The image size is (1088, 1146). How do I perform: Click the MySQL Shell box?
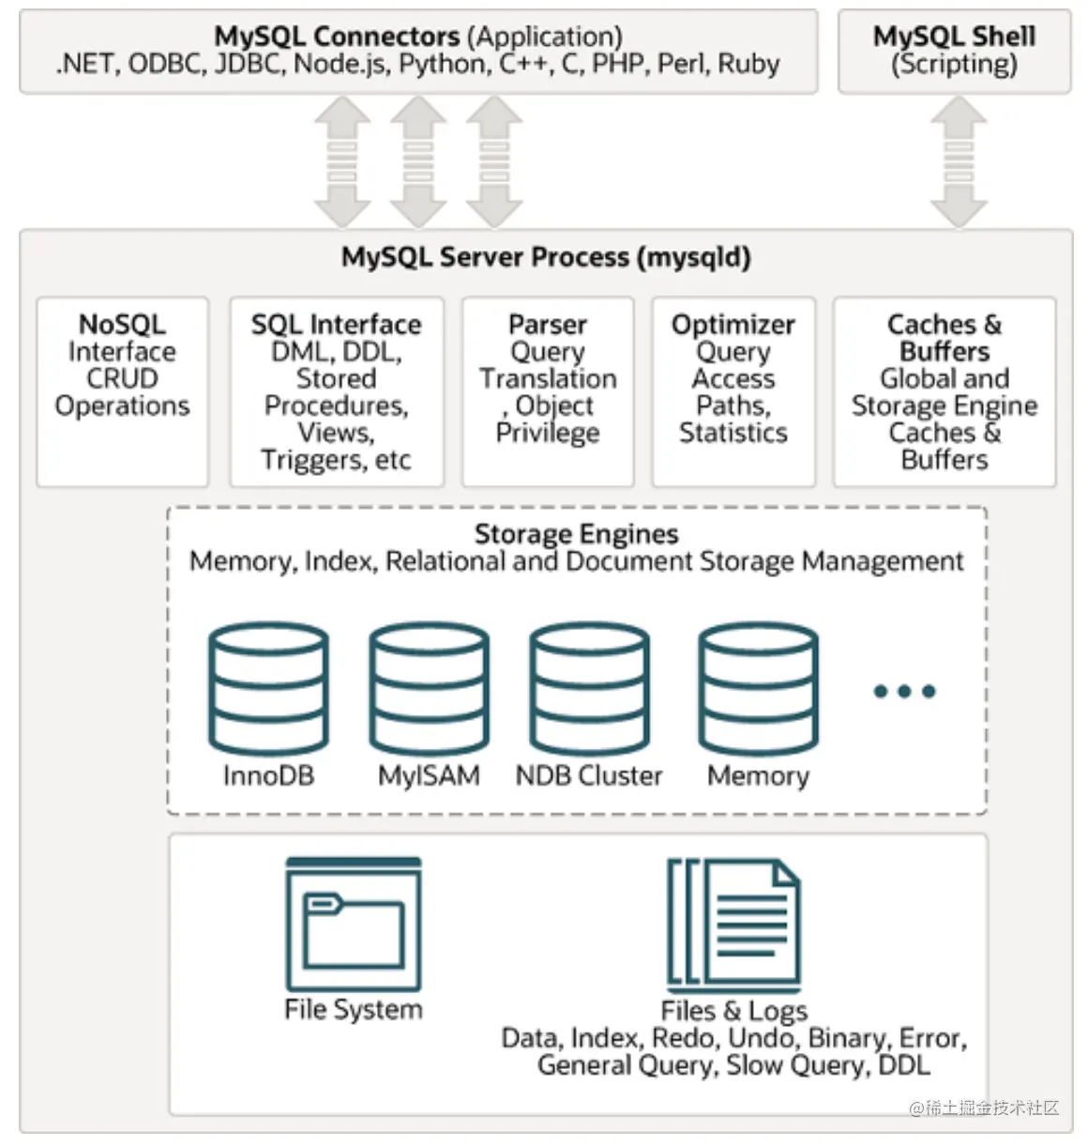tap(954, 51)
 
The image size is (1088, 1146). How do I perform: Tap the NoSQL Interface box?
tap(122, 391)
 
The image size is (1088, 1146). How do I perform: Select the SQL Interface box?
tap(336, 391)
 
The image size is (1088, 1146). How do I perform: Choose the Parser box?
tap(548, 391)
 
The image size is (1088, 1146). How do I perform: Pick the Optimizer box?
tap(733, 391)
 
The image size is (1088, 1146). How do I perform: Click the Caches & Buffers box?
tap(944, 391)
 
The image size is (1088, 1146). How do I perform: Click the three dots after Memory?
tap(904, 692)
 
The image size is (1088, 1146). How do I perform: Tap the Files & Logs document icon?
tap(733, 924)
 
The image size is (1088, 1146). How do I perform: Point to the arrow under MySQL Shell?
tap(958, 161)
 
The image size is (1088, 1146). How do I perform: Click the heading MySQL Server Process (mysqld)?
tap(546, 257)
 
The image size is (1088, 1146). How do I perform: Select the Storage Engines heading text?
tap(576, 534)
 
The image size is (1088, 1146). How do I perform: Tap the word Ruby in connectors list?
tap(748, 64)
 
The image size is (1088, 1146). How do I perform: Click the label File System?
tap(354, 1009)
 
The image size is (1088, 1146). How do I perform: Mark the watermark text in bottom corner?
tap(984, 1108)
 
